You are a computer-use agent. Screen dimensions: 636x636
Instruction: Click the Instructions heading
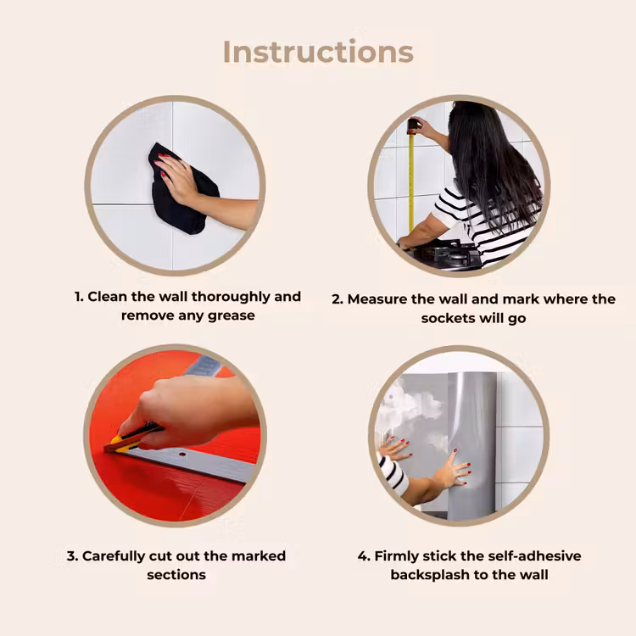coord(318,52)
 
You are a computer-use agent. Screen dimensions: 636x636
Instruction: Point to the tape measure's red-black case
coord(412,126)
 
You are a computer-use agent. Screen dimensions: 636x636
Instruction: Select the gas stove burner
coord(455,254)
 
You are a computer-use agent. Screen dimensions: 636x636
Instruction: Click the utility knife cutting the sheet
coord(131,438)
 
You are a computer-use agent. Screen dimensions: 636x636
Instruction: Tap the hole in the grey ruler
coord(182,455)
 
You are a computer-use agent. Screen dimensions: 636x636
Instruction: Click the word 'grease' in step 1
coord(232,316)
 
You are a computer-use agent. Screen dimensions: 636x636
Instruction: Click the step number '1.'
coord(79,297)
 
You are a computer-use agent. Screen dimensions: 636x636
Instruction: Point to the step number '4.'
coord(364,556)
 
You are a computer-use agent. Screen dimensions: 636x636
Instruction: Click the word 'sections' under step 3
coord(176,575)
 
